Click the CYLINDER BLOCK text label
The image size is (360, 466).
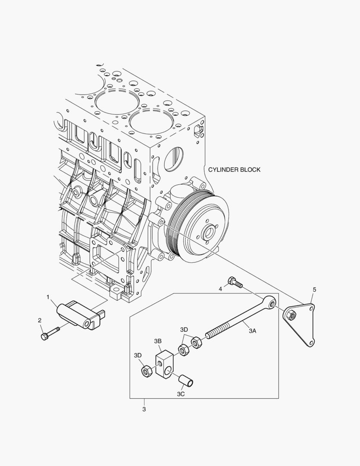tap(234, 170)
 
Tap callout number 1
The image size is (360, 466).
tap(48, 297)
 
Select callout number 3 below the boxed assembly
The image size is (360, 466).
tap(144, 409)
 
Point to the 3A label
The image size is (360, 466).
tap(252, 331)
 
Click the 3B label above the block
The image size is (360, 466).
tap(157, 341)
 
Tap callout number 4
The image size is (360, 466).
tap(220, 289)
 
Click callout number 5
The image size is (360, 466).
tap(314, 290)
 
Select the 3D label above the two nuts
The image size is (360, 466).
tap(184, 329)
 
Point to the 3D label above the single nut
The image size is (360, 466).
tap(138, 355)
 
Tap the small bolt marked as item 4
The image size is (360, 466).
tap(235, 282)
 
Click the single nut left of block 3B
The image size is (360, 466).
tap(146, 371)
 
